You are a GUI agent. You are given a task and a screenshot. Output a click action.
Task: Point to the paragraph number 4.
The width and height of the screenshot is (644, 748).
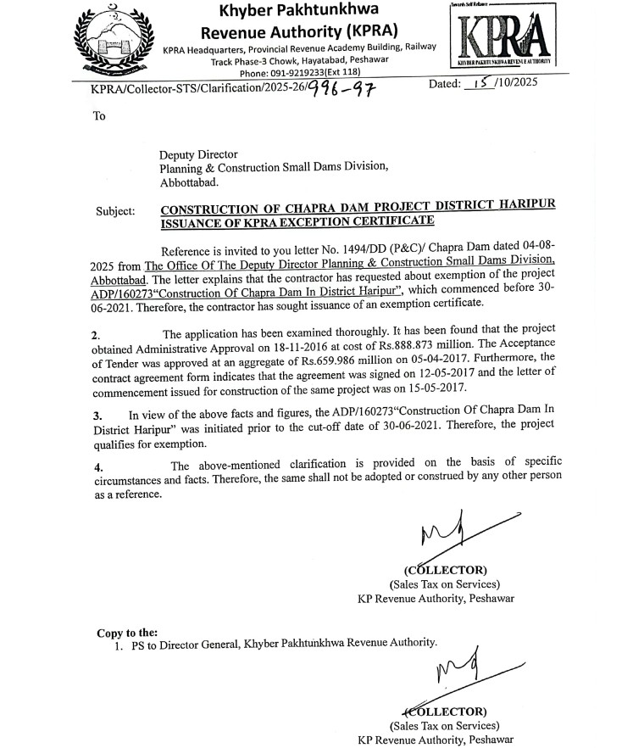(99, 466)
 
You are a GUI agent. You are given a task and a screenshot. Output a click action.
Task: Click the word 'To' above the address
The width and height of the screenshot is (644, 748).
(100, 116)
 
